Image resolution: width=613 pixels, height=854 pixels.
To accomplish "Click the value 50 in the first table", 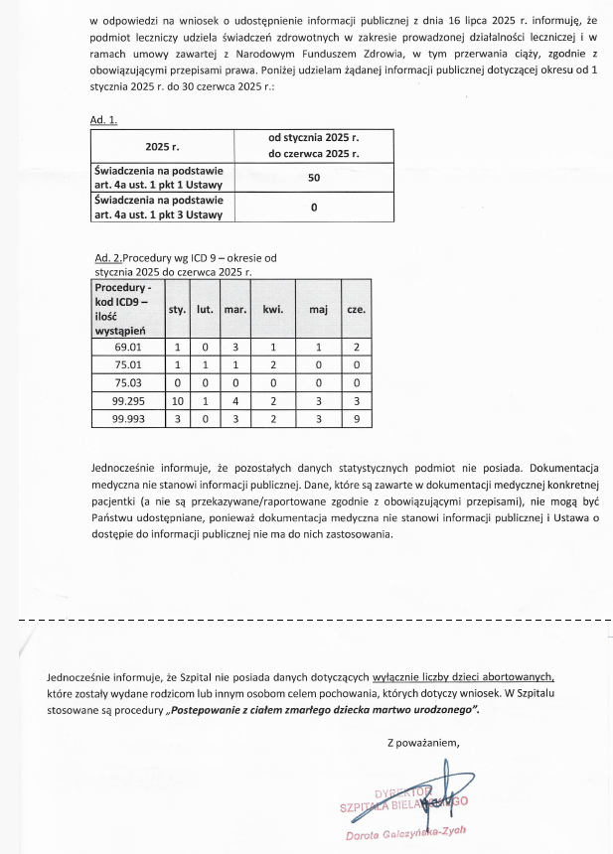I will (x=313, y=176).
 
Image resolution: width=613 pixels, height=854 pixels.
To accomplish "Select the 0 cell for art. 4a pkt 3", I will (x=313, y=208).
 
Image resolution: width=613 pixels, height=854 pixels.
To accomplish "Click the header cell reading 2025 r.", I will (x=162, y=146).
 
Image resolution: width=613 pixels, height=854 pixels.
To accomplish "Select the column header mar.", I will (x=235, y=309).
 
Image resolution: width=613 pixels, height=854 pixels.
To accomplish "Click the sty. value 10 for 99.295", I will (x=177, y=400).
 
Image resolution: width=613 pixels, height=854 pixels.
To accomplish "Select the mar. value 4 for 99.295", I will (x=235, y=400).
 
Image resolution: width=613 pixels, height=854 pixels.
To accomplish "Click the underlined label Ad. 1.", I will (x=103, y=120).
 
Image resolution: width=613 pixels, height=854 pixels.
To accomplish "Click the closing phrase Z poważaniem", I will (x=424, y=742).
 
